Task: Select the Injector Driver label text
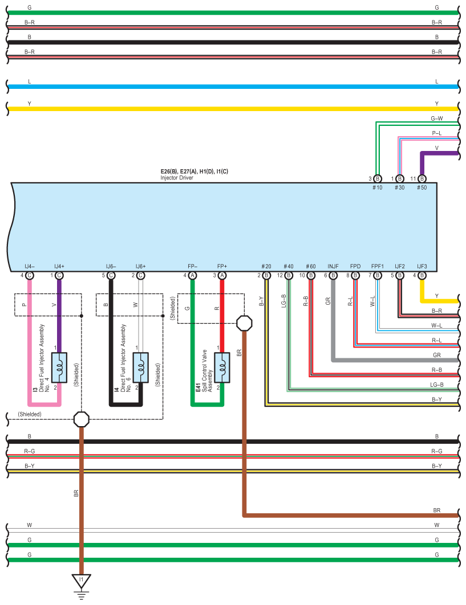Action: click(177, 178)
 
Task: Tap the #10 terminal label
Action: click(377, 187)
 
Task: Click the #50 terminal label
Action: click(422, 187)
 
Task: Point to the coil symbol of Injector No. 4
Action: click(59, 367)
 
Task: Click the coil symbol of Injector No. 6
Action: click(141, 367)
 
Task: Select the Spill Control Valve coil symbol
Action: click(222, 367)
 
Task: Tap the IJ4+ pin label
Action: click(59, 266)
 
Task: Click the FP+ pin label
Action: click(222, 266)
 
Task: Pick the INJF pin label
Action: click(333, 266)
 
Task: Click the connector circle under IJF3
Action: click(422, 276)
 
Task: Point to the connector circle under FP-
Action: click(192, 276)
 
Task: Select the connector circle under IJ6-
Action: click(111, 276)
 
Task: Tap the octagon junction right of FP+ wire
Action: click(244, 324)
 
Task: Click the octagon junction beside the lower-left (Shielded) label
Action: click(81, 419)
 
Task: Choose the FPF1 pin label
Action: click(378, 266)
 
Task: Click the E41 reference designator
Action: click(198, 387)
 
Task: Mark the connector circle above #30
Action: click(399, 179)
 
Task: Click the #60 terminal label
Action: click(311, 266)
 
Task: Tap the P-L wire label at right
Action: click(437, 133)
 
